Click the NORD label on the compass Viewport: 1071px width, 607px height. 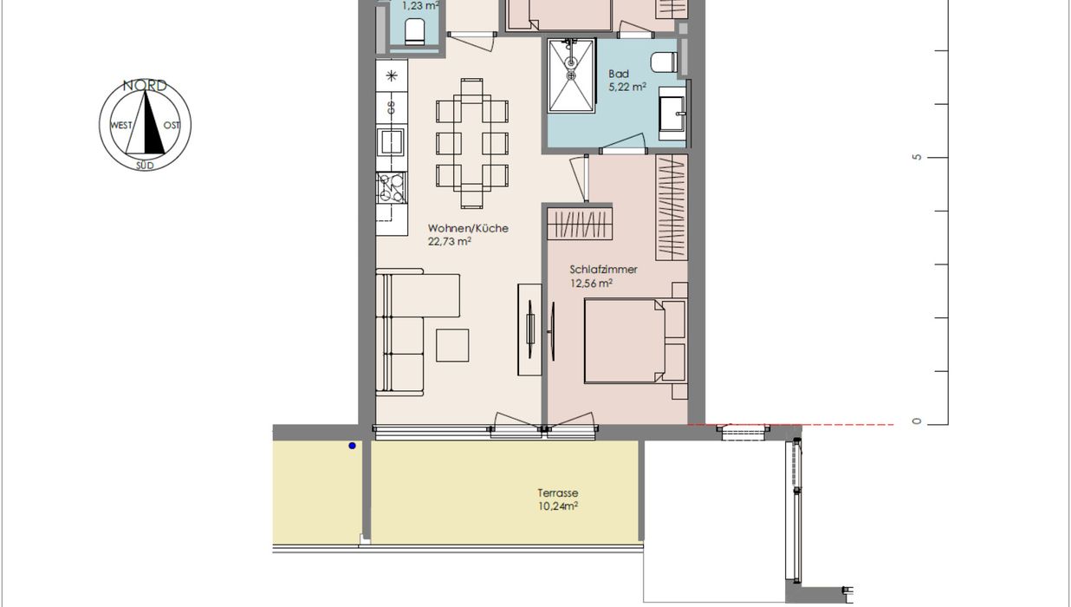point(145,86)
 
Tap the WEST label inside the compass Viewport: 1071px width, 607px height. point(121,126)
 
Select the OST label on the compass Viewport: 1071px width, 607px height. point(172,126)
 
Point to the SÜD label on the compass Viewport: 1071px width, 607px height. point(145,166)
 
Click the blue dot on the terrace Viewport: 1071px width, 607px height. point(353,446)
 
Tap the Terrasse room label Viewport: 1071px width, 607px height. point(557,493)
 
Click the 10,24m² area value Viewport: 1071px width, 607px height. point(557,506)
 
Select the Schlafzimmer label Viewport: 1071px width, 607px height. point(603,270)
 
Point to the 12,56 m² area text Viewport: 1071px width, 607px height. point(591,284)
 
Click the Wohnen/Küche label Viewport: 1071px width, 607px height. point(468,228)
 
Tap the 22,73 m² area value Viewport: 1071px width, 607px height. point(450,242)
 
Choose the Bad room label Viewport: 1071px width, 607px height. point(618,75)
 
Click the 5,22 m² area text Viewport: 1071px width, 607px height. point(627,87)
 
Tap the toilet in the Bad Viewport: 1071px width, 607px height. point(664,62)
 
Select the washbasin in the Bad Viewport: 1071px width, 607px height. point(672,114)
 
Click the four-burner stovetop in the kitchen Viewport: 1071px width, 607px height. point(392,187)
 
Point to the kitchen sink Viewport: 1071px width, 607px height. point(391,141)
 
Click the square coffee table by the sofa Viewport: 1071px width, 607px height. point(452,345)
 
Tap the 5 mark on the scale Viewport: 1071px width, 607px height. point(917,157)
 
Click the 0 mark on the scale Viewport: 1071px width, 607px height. point(917,421)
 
